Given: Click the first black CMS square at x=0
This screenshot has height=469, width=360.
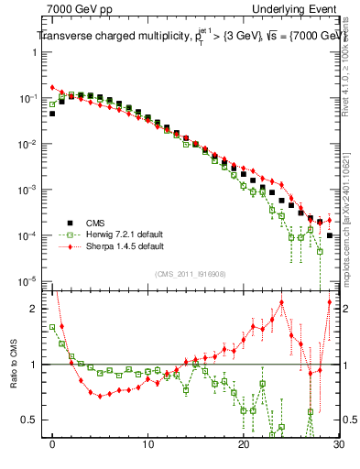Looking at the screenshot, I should point(52,114).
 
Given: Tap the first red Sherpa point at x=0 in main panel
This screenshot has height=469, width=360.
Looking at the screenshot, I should point(52,87).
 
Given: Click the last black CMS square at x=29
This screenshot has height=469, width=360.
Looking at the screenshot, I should point(329,236).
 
